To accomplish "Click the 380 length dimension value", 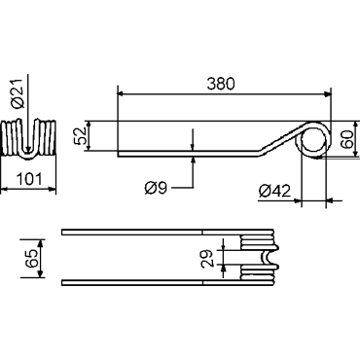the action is (x=221, y=84).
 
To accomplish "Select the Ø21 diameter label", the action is (x=18, y=93).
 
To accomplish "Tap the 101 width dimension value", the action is (x=29, y=179).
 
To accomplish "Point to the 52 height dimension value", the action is (x=81, y=135).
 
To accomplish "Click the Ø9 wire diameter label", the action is (x=156, y=188).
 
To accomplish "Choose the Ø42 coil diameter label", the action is (x=274, y=191).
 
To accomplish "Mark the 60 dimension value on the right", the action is (x=346, y=139).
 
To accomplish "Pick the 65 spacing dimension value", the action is (x=32, y=259).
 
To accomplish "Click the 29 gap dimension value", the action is (x=206, y=258).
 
